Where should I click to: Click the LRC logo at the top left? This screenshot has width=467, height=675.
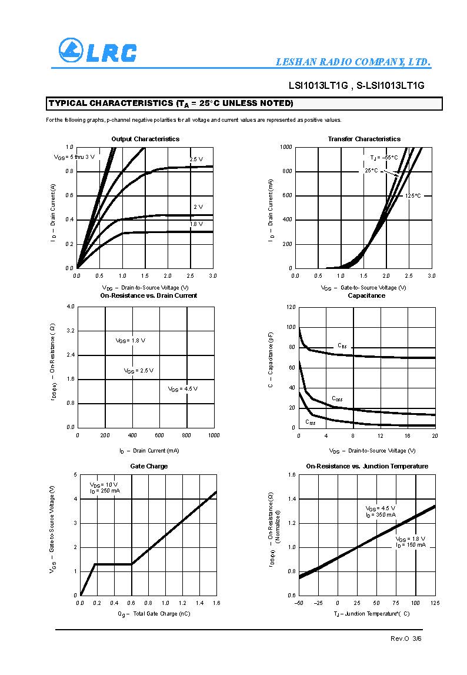tap(97, 51)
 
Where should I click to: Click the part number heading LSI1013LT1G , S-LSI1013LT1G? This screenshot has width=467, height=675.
tap(356, 85)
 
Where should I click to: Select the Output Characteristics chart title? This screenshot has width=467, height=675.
tap(145, 139)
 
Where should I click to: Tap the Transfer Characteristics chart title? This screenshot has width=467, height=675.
tap(364, 139)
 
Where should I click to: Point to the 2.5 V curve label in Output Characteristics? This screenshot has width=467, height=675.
tap(196, 159)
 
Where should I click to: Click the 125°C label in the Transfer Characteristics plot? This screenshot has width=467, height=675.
tap(413, 195)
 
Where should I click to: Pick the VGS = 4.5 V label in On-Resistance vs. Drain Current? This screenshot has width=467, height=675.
tap(182, 389)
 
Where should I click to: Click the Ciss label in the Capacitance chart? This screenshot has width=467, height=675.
tap(342, 345)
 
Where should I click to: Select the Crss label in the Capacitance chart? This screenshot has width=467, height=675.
tap(310, 423)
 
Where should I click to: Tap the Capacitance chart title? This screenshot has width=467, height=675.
tap(366, 295)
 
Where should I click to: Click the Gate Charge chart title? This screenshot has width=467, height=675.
tap(149, 466)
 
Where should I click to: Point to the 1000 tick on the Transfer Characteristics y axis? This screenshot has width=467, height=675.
tap(286, 147)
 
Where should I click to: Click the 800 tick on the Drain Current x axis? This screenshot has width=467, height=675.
tap(186, 435)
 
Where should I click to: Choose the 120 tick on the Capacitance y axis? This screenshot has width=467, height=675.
tap(290, 307)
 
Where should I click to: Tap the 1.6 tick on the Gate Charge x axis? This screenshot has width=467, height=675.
tap(216, 603)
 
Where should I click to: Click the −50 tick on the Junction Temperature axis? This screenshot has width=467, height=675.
tap(299, 603)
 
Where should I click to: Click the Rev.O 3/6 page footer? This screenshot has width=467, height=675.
tap(406, 639)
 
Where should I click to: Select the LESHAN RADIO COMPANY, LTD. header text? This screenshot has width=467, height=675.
tap(353, 62)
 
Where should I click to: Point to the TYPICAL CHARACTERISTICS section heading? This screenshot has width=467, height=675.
tap(171, 104)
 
